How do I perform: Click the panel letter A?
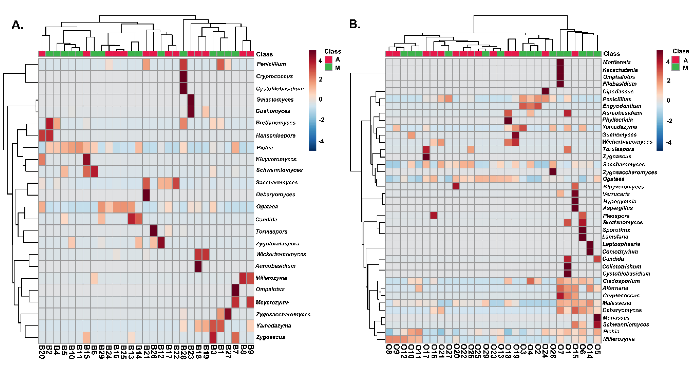click(x=17, y=25)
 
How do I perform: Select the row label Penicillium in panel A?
click(x=271, y=64)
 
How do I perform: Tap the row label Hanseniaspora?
click(x=275, y=136)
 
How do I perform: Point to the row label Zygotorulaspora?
click(x=277, y=244)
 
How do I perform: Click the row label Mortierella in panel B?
click(x=616, y=62)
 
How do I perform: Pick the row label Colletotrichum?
click(x=622, y=267)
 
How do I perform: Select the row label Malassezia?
click(x=617, y=303)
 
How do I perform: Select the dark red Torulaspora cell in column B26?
click(x=153, y=231)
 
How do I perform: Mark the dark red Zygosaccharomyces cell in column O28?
click(x=552, y=171)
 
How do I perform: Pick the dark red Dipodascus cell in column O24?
click(x=545, y=91)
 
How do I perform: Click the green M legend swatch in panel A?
click(x=328, y=67)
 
